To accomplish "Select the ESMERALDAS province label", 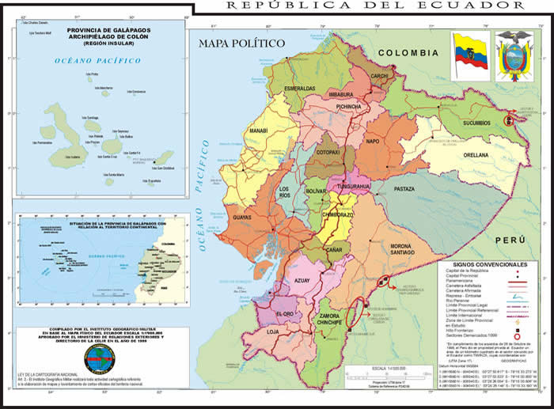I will [300, 88].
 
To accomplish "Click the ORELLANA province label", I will [476, 156].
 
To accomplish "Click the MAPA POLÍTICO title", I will [241, 44].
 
